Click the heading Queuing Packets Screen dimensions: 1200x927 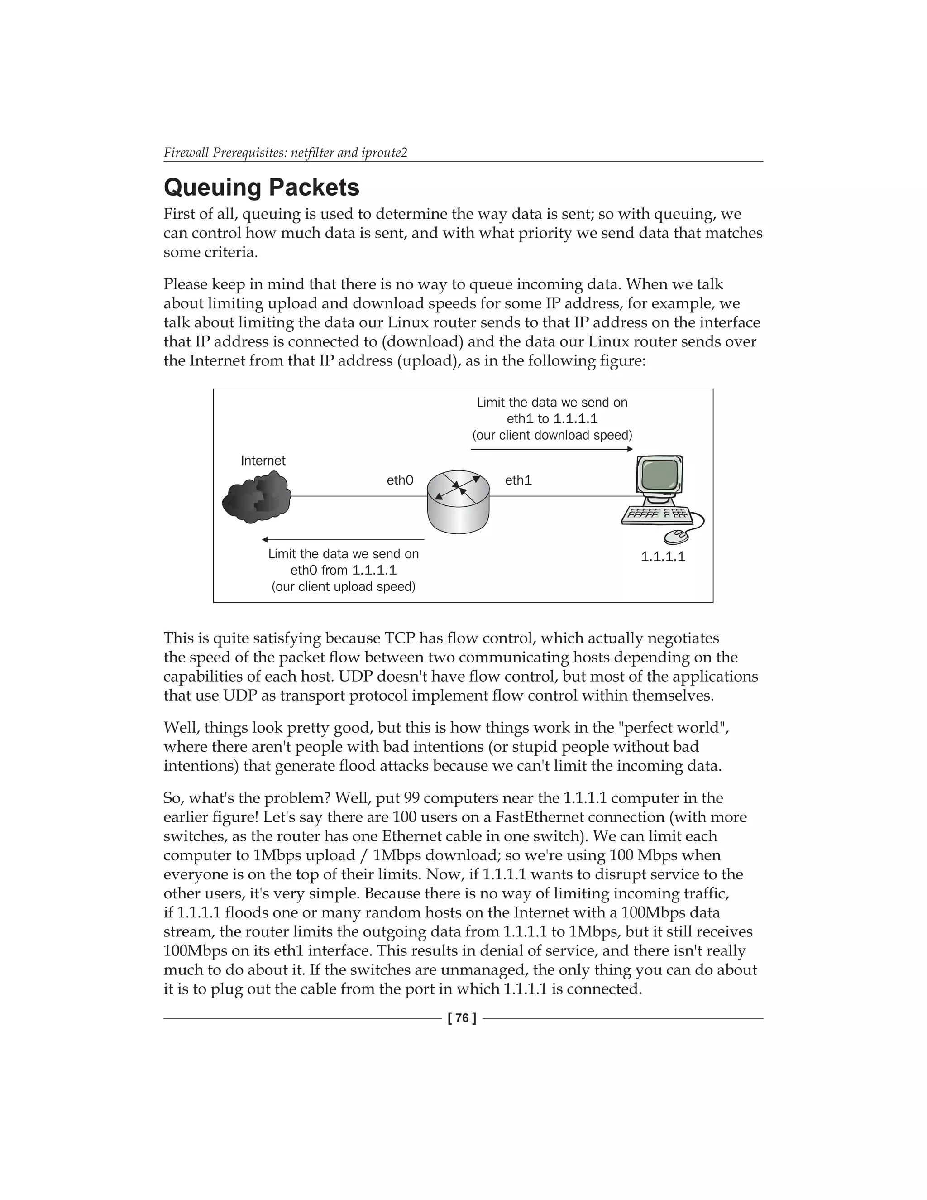(x=262, y=187)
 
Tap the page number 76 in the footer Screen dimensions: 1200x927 (x=462, y=1018)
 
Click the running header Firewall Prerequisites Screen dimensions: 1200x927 (x=285, y=152)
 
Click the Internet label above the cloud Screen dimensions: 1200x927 (x=263, y=461)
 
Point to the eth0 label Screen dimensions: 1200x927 (x=400, y=480)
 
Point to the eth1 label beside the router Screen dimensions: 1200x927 (x=518, y=480)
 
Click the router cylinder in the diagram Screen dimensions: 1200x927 (x=458, y=501)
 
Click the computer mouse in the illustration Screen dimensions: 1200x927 (x=676, y=536)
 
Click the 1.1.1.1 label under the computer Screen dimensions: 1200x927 (x=663, y=557)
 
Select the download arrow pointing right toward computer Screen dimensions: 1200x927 (x=551, y=450)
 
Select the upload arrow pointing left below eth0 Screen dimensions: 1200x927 (x=343, y=540)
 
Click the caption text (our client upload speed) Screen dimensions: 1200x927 (x=343, y=587)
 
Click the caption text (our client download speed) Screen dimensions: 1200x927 (x=552, y=436)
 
